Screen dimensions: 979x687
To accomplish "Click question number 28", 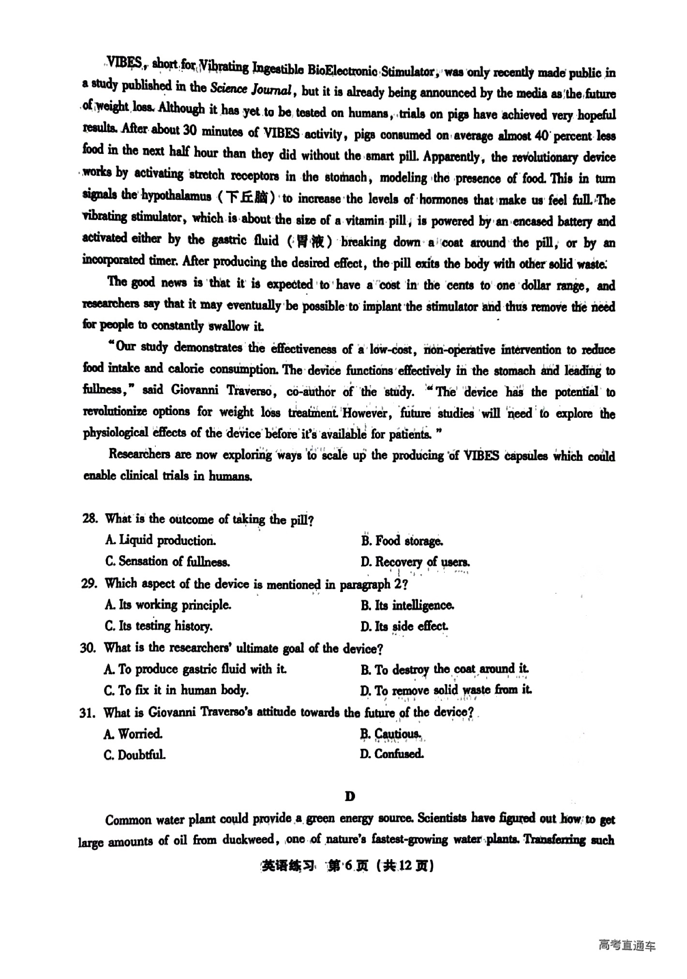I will pyautogui.click(x=90, y=519).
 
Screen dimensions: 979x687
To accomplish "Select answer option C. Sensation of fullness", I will pyautogui.click(x=167, y=562).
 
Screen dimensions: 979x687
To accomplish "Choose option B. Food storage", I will pyautogui.click(x=402, y=540).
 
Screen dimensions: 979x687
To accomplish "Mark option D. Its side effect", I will pyautogui.click(x=404, y=626).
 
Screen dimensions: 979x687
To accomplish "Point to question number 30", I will pyautogui.click(x=89, y=648).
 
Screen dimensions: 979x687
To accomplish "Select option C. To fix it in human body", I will pyautogui.click(x=176, y=690).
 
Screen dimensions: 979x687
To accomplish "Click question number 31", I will pyautogui.click(x=89, y=712).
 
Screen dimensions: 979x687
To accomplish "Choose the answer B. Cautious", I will pyautogui.click(x=390, y=734).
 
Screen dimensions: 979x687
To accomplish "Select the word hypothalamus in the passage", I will pyautogui.click(x=176, y=196).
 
